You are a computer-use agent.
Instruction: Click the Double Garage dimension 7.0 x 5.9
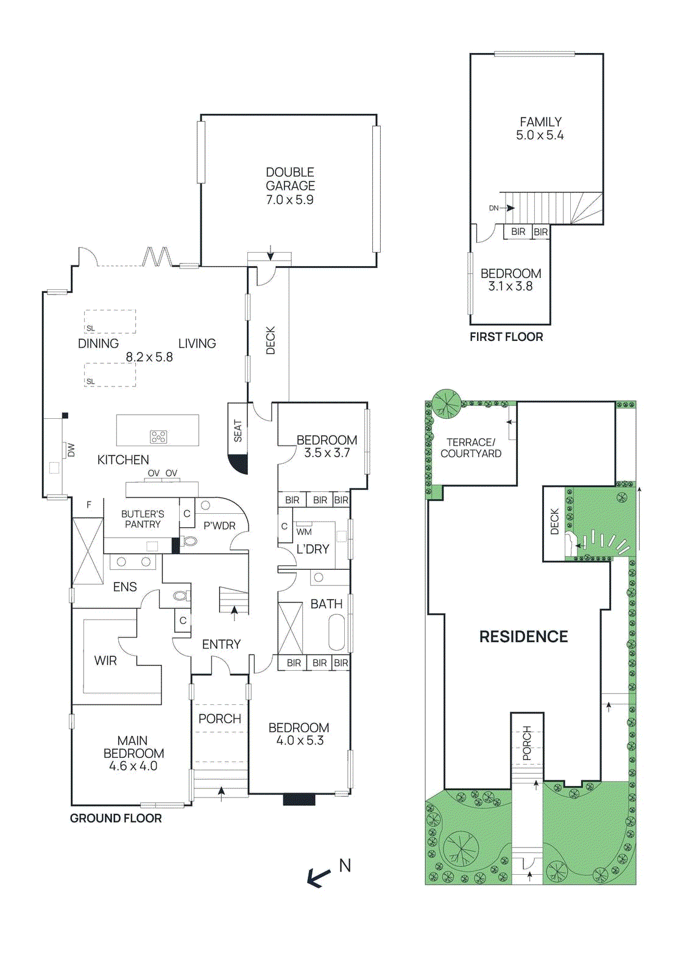290,200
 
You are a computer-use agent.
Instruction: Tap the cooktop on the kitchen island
158,436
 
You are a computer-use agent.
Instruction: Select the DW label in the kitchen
71,450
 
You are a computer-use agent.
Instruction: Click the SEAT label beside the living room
238,430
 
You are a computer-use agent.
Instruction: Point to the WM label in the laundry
304,531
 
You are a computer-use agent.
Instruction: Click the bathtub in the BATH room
337,632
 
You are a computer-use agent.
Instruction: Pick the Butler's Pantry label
143,519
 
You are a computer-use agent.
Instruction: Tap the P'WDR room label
219,525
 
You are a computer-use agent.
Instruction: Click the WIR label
105,660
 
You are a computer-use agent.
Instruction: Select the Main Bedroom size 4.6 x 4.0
133,766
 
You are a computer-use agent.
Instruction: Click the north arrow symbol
318,877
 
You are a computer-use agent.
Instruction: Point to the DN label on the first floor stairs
493,208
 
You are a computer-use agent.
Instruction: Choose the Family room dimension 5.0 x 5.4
540,135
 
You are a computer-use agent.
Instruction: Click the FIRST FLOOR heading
506,337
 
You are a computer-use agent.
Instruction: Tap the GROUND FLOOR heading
116,818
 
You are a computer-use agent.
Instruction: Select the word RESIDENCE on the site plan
523,637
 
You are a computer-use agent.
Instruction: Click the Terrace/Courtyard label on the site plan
471,448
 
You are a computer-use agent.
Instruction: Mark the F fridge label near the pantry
89,505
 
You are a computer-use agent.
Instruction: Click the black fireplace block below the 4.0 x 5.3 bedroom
299,799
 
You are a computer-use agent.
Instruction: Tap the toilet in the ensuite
180,595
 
